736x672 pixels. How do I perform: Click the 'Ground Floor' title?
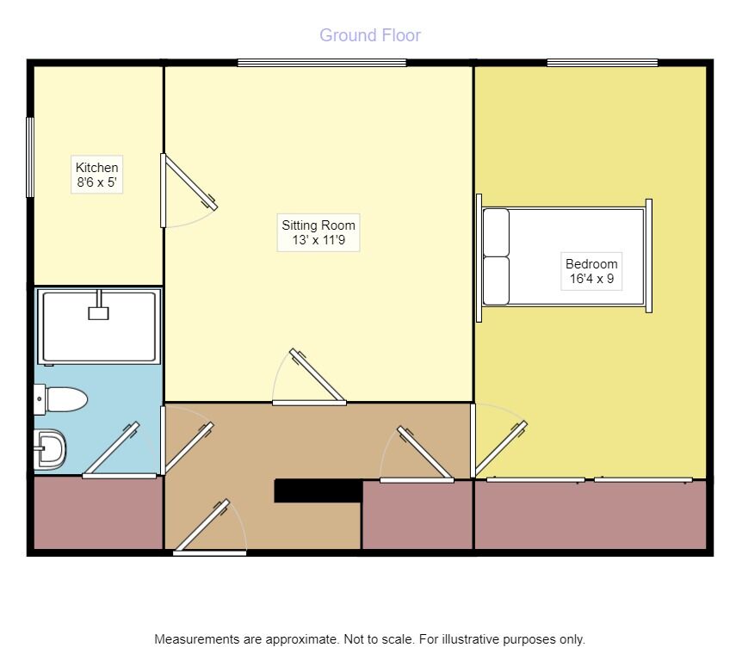click(370, 35)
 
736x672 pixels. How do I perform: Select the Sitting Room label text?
click(319, 225)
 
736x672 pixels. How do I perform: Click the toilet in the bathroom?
click(61, 399)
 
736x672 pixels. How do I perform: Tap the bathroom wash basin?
click(50, 449)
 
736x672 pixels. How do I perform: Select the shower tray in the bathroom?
click(99, 326)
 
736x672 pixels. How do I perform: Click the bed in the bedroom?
click(564, 257)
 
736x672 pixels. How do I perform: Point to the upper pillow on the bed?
click(496, 233)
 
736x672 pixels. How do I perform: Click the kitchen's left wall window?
click(30, 157)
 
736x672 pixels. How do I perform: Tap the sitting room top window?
click(322, 63)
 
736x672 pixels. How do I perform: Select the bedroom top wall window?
click(603, 63)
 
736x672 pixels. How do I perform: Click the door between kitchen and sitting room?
click(188, 183)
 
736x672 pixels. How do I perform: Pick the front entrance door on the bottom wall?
click(209, 528)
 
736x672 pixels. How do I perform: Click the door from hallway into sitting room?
click(309, 376)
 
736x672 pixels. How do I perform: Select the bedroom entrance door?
click(499, 441)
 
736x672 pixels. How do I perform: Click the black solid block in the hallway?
click(319, 490)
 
